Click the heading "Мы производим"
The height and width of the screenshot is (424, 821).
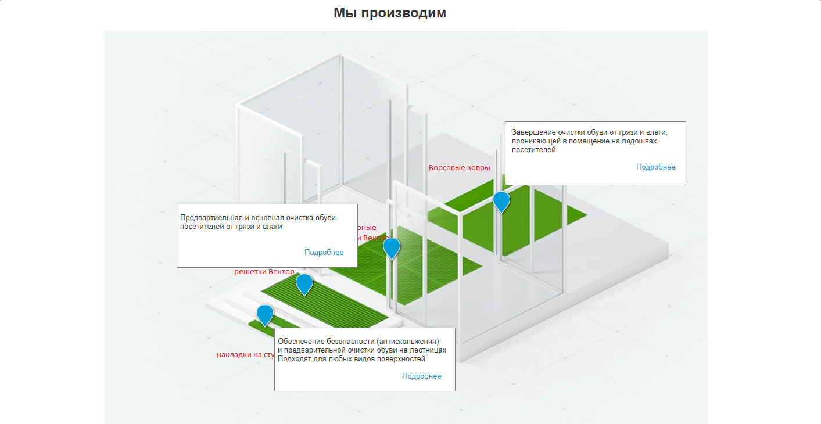coord(389,13)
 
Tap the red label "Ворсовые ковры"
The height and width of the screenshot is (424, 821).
coord(459,168)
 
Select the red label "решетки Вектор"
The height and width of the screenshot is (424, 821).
coord(264,271)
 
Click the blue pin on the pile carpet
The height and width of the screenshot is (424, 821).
coord(501,201)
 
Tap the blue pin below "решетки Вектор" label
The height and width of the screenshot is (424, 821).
coord(304,283)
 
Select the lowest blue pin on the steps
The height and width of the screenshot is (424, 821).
coord(264,314)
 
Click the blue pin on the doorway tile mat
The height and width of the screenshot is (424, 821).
coord(392,247)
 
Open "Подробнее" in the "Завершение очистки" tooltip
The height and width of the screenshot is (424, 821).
coord(655,167)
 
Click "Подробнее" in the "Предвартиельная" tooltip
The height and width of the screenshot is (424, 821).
coord(324,252)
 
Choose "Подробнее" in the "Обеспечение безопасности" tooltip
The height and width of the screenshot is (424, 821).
coord(421,376)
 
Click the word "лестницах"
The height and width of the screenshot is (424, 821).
coord(428,350)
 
